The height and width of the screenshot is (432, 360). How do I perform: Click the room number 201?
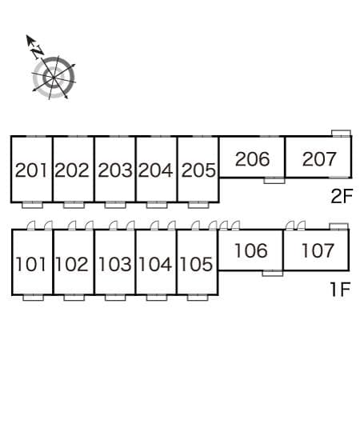[30, 170]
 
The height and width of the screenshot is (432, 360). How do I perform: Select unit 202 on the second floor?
[72, 170]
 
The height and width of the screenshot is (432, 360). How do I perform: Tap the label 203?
[115, 170]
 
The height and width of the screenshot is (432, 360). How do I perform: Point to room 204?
[156, 170]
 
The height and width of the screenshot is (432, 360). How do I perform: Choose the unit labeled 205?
[198, 170]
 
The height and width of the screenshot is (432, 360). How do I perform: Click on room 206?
[252, 159]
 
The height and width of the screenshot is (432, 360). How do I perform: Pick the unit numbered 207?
[319, 159]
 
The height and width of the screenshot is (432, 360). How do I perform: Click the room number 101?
[30, 264]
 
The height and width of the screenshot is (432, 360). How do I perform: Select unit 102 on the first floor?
[72, 264]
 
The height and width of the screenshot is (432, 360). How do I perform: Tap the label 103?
[114, 264]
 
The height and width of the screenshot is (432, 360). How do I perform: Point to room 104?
[155, 264]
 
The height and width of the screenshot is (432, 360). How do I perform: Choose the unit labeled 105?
[196, 264]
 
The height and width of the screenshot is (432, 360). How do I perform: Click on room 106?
[250, 250]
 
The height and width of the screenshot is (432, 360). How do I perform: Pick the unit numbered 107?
[318, 250]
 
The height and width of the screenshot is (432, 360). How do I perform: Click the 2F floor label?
[342, 196]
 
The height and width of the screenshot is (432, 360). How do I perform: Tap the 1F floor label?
[340, 290]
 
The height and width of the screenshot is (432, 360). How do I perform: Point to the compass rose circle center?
[53, 78]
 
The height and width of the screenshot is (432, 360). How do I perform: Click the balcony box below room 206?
[274, 181]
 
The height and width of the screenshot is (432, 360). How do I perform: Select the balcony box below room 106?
[273, 274]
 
